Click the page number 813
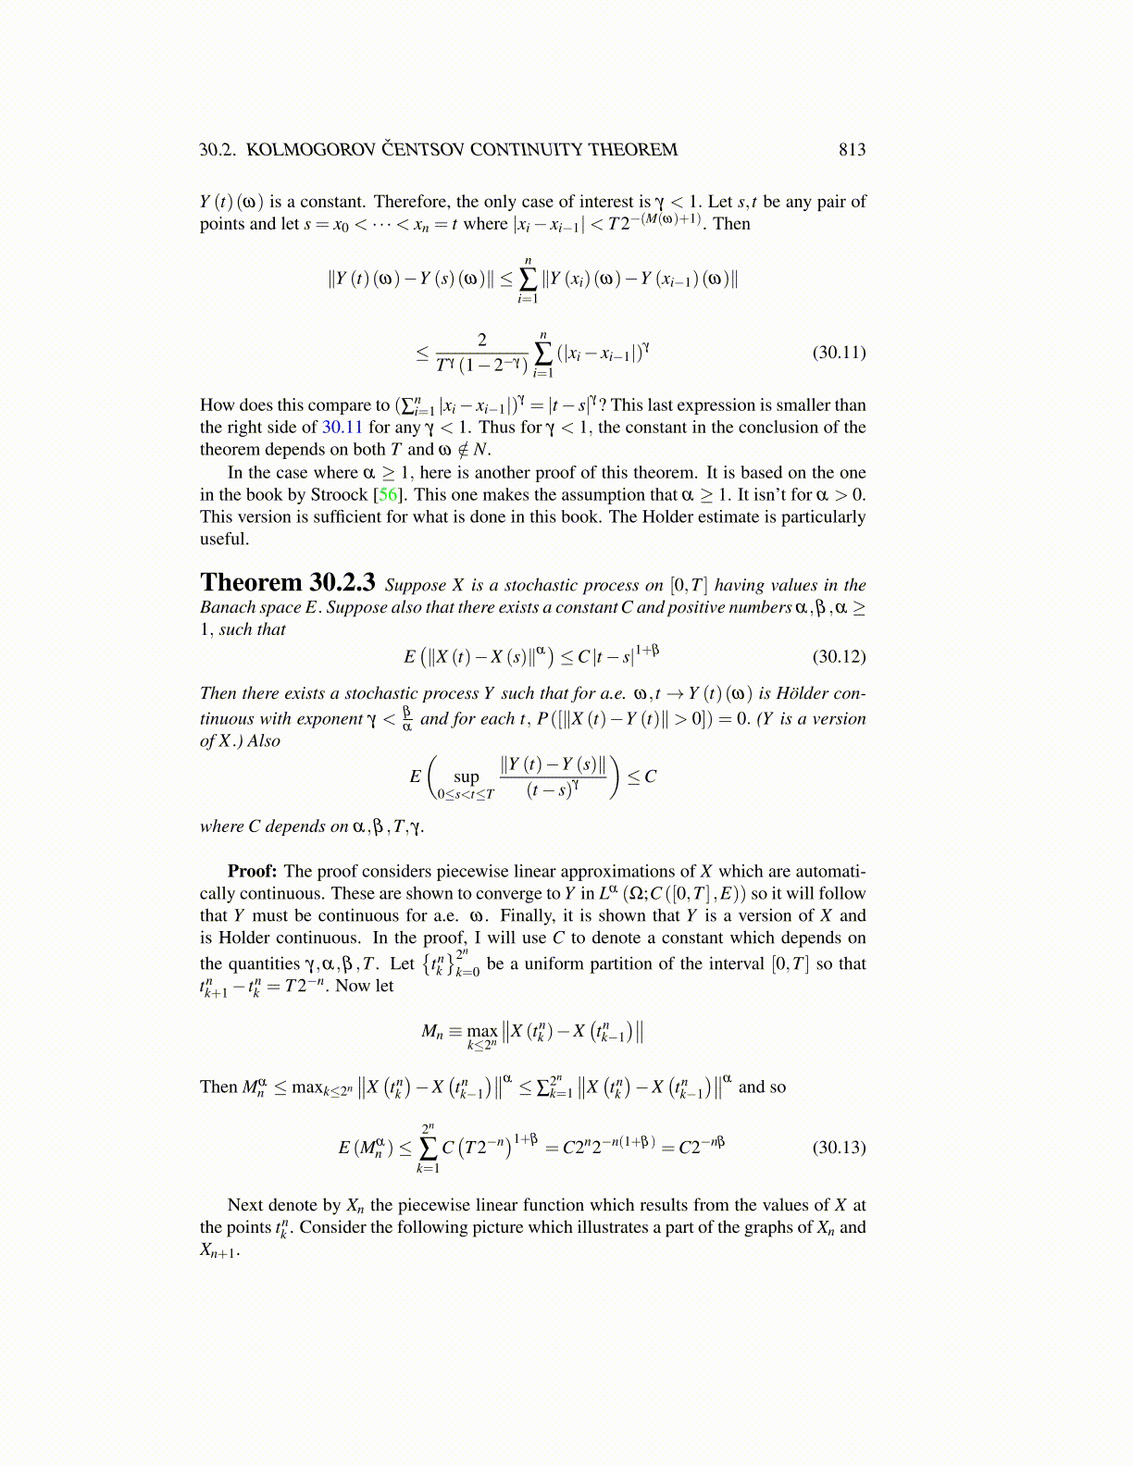click(x=852, y=150)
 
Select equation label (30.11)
click(x=839, y=352)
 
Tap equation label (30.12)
click(x=839, y=656)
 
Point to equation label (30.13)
click(x=839, y=1148)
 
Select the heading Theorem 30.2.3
click(x=287, y=583)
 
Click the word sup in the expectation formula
click(x=467, y=777)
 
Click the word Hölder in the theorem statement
click(x=802, y=693)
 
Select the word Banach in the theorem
click(x=226, y=607)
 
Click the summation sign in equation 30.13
click(x=428, y=1148)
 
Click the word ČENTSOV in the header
click(x=424, y=150)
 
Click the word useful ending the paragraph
click(x=223, y=539)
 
